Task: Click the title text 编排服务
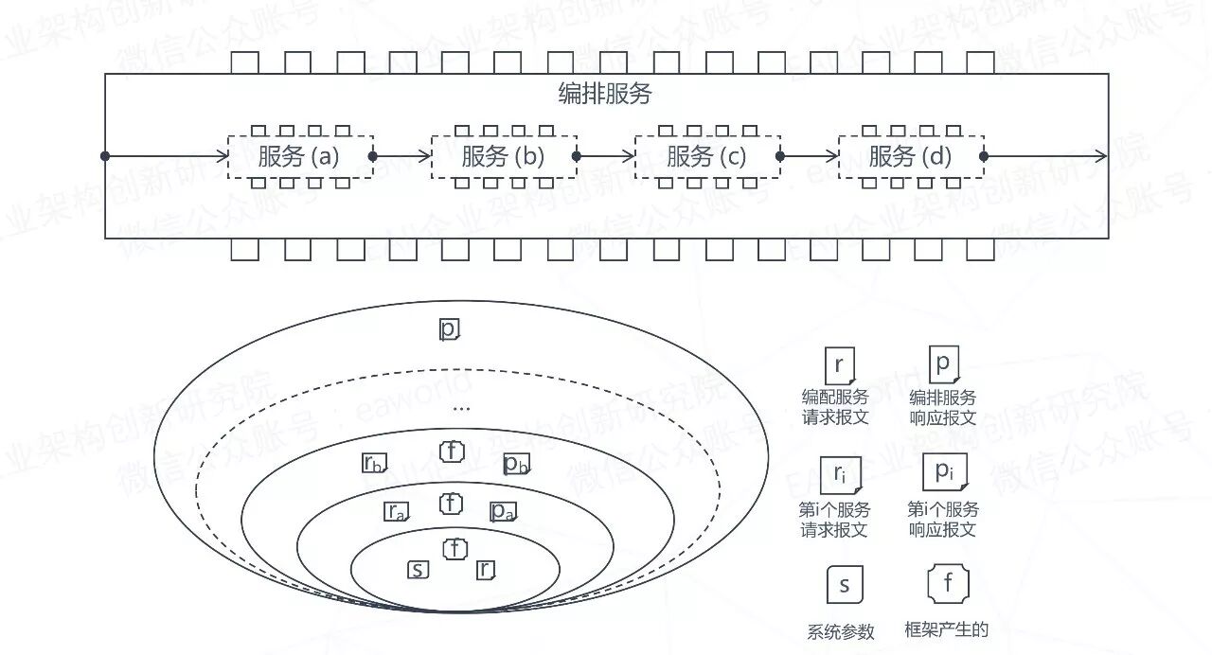(x=605, y=95)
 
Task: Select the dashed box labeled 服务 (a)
(x=300, y=156)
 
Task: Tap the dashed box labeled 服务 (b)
(x=504, y=156)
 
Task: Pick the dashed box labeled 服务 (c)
(x=707, y=156)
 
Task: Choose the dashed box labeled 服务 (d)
(x=911, y=156)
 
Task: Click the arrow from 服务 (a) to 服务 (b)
(x=402, y=156)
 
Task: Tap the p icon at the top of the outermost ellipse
(x=449, y=329)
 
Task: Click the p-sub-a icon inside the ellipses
(x=502, y=512)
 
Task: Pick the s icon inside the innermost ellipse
(x=418, y=570)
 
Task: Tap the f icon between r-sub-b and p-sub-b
(x=453, y=451)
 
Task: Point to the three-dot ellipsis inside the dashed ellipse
(x=461, y=409)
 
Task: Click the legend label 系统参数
(x=841, y=632)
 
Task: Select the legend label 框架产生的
(x=947, y=629)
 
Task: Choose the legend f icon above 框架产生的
(x=948, y=583)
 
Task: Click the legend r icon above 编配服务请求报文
(x=840, y=365)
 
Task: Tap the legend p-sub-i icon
(x=943, y=471)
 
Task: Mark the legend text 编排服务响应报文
(x=942, y=408)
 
